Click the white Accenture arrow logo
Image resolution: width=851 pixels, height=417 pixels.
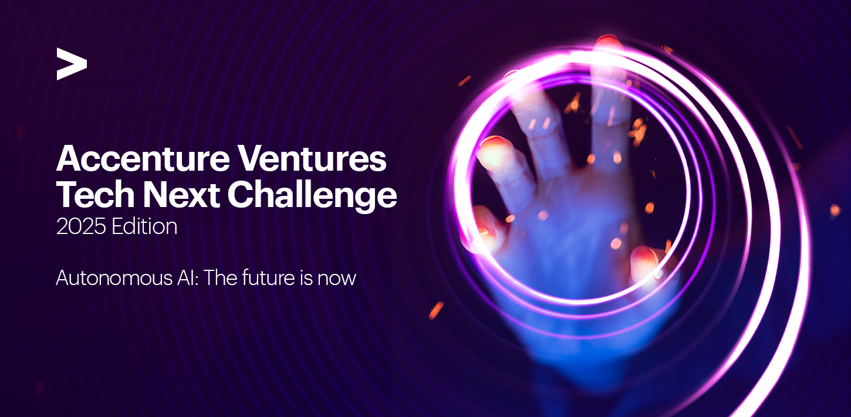[72, 64]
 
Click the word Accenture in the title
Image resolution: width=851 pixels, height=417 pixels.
[143, 159]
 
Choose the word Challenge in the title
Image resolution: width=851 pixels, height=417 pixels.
[312, 196]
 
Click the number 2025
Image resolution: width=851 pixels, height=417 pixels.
[81, 227]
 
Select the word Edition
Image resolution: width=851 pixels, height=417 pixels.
[144, 226]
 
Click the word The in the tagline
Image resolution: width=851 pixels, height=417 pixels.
[221, 277]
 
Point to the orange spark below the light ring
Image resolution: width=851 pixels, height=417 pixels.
[436, 310]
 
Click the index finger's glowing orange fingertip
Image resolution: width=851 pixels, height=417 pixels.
[494, 152]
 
